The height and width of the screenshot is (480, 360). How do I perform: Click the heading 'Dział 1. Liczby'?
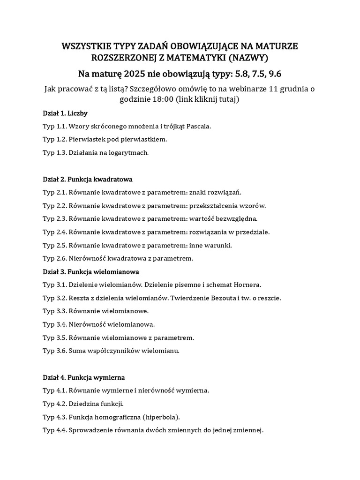[x=65, y=113]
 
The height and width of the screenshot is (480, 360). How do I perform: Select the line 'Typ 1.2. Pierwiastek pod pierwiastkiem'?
[x=105, y=139]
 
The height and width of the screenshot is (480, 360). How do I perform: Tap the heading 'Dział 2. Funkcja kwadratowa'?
[x=88, y=179]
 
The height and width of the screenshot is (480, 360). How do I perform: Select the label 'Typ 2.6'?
[x=54, y=258]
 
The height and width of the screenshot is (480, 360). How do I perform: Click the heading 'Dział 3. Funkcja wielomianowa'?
[x=90, y=271]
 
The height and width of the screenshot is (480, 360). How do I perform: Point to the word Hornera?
[x=246, y=285]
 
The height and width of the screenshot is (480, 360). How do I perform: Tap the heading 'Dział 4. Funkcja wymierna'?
[x=83, y=377]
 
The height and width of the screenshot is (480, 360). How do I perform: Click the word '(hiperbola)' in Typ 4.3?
[x=162, y=417]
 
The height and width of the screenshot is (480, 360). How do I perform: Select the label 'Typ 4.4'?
[x=54, y=430]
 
